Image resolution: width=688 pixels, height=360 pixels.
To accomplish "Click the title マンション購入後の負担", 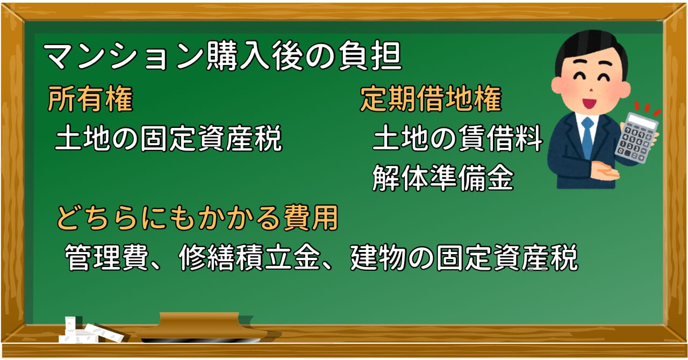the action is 223,56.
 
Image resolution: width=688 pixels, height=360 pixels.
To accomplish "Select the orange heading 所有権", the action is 90,99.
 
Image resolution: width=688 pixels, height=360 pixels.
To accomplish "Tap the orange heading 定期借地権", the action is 431,99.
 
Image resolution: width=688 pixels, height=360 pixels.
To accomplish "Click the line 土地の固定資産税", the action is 168,138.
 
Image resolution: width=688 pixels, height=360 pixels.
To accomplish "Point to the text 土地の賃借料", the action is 457,138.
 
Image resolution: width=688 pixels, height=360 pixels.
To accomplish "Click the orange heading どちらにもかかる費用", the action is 197,218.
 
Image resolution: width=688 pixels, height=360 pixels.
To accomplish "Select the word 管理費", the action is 106,257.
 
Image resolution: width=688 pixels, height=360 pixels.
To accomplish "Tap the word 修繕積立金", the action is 248,257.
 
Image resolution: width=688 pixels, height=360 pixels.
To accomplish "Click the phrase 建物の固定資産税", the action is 464,257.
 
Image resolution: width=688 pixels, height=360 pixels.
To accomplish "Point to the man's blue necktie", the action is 587,138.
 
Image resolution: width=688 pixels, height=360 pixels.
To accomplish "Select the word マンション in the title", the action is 123,56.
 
